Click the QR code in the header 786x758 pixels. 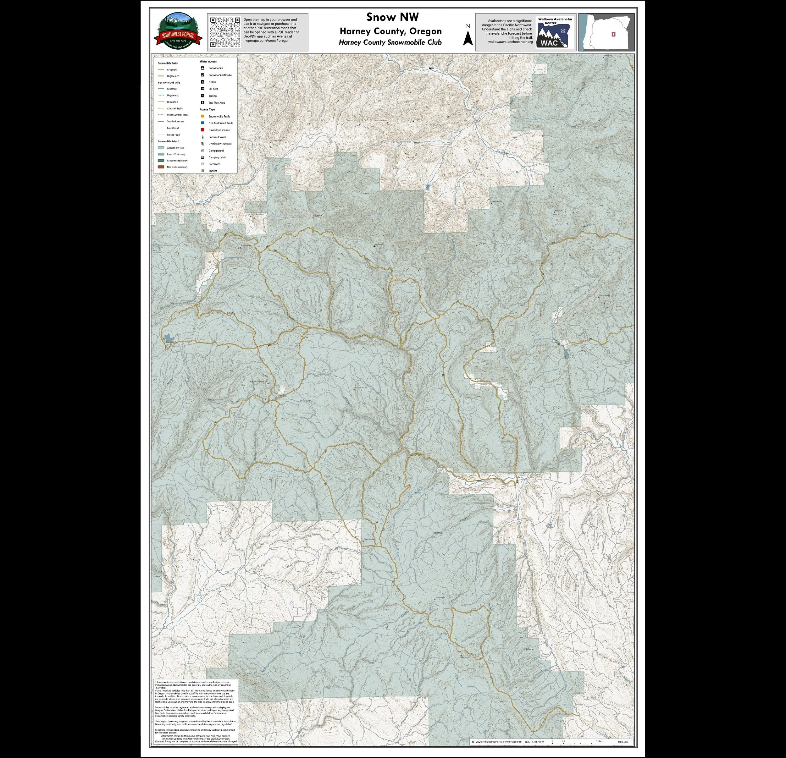point(225,32)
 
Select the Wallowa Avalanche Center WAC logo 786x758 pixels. point(555,32)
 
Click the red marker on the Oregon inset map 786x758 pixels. point(613,35)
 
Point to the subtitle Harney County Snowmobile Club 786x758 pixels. point(390,42)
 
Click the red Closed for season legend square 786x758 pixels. point(203,130)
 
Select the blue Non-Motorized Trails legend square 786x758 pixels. point(203,123)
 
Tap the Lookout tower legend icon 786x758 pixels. point(203,137)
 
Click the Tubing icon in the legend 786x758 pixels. point(203,96)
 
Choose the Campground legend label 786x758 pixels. point(216,151)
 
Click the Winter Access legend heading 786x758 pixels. point(208,62)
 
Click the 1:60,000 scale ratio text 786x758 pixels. point(623,742)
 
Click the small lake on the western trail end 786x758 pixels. point(169,339)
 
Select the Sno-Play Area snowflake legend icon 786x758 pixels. point(203,103)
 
